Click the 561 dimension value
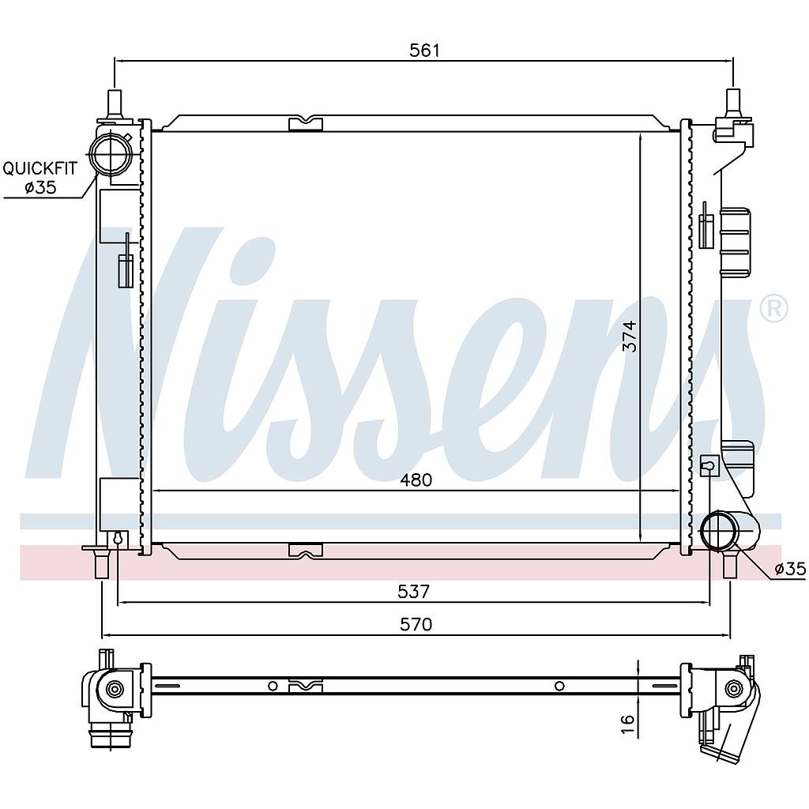424,50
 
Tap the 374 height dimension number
630,337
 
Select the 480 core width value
416,480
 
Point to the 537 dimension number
413,591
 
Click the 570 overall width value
416,624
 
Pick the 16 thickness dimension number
627,724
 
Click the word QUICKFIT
40,168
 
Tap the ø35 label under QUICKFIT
40,186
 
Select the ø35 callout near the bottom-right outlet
790,569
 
